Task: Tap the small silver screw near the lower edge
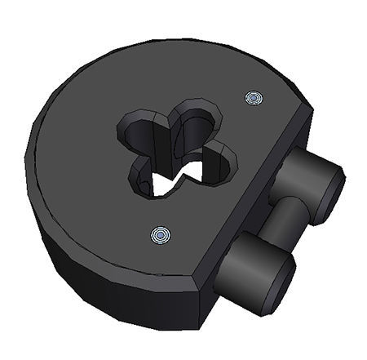161,236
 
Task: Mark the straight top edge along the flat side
253,188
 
